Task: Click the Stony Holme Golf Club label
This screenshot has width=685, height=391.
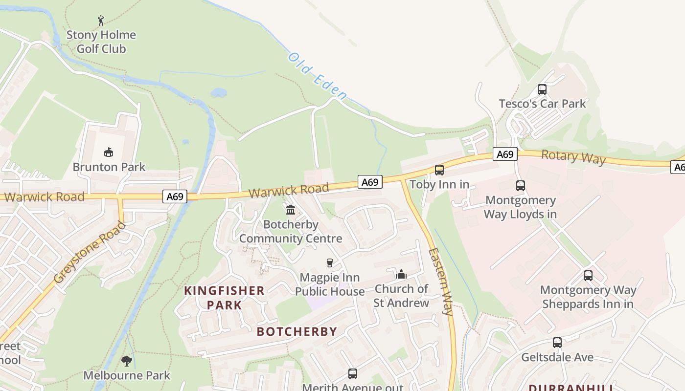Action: tap(101, 42)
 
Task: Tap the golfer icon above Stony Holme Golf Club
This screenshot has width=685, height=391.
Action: tap(101, 21)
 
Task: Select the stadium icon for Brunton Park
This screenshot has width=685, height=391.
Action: tap(109, 152)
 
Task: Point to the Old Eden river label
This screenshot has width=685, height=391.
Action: tap(318, 76)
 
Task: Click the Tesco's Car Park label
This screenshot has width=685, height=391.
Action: tap(542, 104)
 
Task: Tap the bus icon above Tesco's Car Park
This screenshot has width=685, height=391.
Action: tap(542, 89)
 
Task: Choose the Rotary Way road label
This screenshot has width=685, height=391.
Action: tap(573, 157)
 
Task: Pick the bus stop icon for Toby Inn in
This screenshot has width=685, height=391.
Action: tap(439, 170)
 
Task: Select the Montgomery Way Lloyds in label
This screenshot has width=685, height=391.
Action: tap(520, 207)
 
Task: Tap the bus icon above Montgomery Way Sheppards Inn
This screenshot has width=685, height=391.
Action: tap(588, 276)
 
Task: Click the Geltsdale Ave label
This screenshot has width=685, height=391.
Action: tap(557, 357)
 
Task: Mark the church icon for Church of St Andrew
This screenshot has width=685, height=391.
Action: tap(401, 274)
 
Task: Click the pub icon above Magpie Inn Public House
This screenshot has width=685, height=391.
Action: tap(330, 263)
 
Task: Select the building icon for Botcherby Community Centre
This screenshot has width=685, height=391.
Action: tap(291, 210)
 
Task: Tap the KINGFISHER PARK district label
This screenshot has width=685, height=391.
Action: tap(224, 298)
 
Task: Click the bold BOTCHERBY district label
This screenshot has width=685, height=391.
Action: tap(297, 331)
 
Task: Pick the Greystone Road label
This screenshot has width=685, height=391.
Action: tap(90, 253)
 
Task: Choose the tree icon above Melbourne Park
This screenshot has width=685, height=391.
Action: tap(127, 361)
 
